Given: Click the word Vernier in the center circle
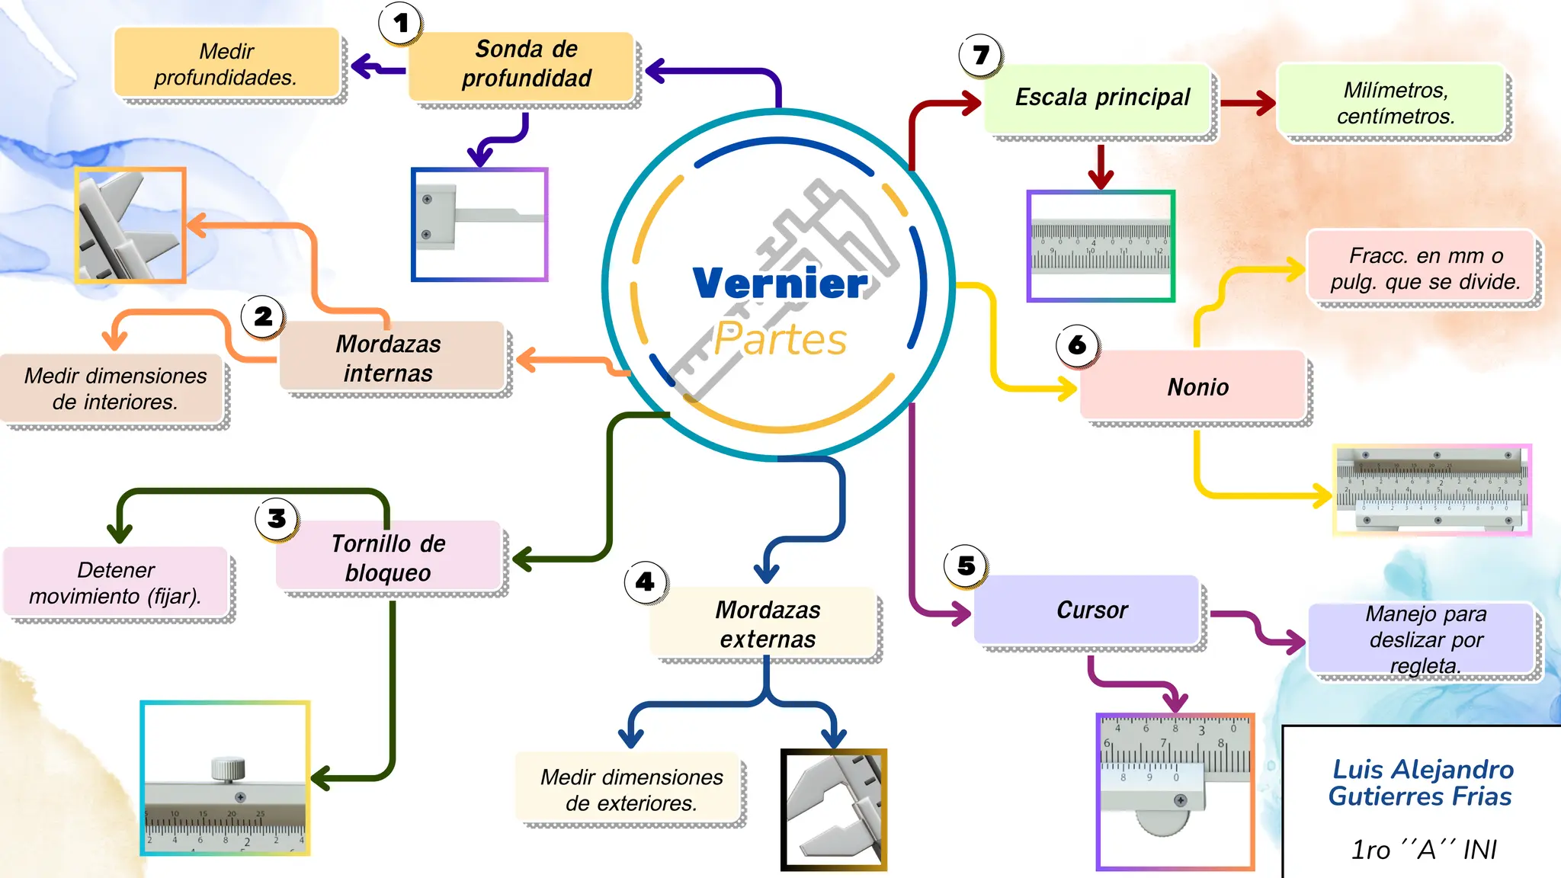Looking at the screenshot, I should (x=779, y=284).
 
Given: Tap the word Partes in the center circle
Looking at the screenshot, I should (x=780, y=340).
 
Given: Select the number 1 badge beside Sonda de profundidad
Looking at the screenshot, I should (x=401, y=24).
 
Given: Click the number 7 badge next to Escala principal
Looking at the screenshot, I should (x=980, y=55).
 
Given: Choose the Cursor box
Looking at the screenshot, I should (x=1090, y=610).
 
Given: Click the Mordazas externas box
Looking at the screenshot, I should (x=766, y=623).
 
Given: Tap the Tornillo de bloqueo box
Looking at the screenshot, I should (x=388, y=557).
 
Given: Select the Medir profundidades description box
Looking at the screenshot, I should (x=226, y=64).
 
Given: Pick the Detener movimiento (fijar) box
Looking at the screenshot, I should (x=116, y=582).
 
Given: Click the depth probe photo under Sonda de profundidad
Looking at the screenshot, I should (x=479, y=225).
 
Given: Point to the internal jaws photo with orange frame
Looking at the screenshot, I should (x=130, y=226).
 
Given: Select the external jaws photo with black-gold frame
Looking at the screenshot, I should (x=834, y=809).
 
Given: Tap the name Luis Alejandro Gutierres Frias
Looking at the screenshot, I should (x=1421, y=783).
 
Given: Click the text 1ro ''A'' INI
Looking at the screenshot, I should (x=1422, y=849).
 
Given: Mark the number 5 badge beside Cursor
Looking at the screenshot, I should (x=966, y=566).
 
